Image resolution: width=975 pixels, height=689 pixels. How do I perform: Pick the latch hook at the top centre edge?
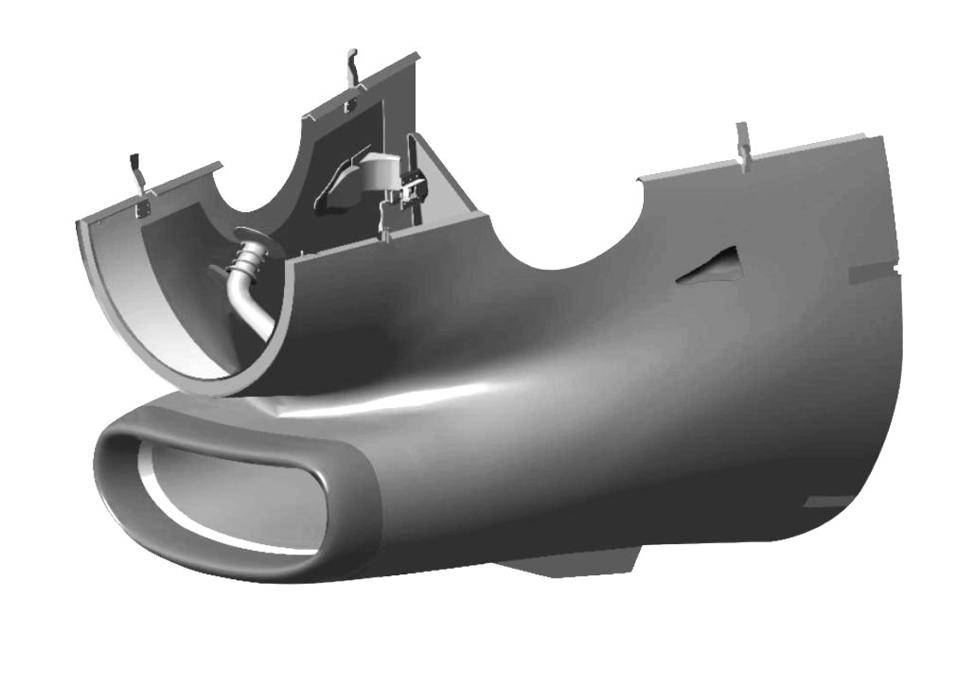[x=352, y=66]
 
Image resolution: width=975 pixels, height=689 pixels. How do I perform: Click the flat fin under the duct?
[x=558, y=565]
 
